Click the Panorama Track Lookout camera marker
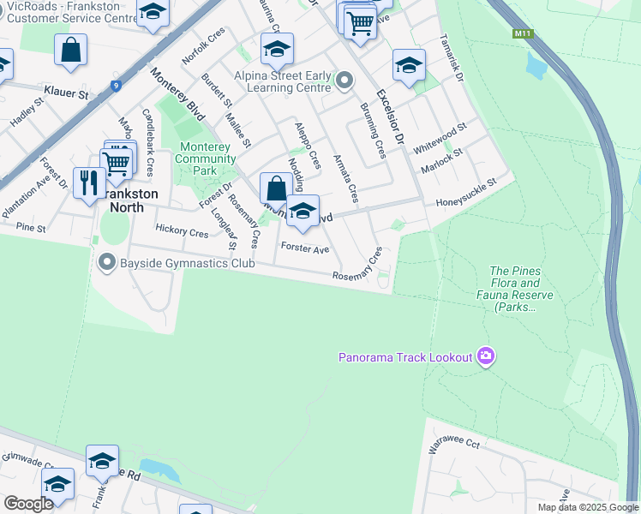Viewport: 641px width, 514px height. point(486,356)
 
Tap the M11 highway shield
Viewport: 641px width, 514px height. point(522,34)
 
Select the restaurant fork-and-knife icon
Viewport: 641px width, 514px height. point(89,182)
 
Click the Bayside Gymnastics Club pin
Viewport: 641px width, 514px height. point(107,262)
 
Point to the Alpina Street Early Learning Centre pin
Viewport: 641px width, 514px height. point(344,81)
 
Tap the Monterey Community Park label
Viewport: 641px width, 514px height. point(205,158)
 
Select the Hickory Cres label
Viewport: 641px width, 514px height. point(182,231)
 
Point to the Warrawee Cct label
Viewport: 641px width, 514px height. point(453,443)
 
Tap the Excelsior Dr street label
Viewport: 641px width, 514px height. point(388,115)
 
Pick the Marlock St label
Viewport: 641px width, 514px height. point(446,159)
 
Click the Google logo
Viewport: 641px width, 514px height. point(28,504)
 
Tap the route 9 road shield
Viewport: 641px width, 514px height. point(115,85)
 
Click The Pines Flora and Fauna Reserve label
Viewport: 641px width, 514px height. point(521,289)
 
